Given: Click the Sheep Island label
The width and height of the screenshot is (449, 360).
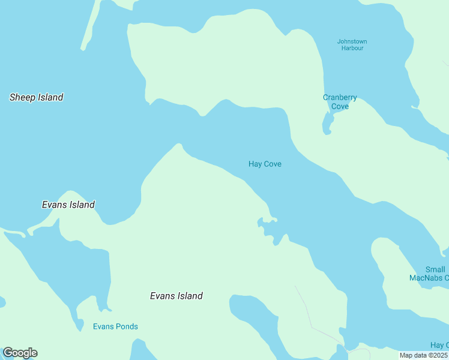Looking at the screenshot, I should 37,97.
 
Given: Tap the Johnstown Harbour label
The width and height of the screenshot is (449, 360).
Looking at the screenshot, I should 352,45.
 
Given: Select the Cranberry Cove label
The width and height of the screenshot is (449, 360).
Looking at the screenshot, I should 340,102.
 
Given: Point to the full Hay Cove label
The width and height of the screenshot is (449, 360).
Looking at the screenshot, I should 265,164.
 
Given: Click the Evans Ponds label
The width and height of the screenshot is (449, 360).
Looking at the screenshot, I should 115,327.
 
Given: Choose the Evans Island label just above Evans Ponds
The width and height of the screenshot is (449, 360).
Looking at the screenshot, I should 176,296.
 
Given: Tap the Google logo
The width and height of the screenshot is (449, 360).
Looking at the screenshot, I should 20,353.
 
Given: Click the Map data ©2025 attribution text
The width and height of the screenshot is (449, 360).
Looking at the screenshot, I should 423,355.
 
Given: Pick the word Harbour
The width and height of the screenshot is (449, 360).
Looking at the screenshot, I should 352,49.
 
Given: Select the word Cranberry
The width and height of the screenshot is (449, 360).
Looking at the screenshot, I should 340,98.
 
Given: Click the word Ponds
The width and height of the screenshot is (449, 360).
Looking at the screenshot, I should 127,327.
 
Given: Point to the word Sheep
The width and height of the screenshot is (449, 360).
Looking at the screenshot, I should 22,97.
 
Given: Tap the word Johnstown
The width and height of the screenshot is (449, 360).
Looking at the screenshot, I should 352,41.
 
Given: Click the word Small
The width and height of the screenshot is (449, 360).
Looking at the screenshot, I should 435,270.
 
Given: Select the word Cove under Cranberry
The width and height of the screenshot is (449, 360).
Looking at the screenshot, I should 340,107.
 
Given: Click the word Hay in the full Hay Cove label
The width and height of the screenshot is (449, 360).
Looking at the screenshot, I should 255,164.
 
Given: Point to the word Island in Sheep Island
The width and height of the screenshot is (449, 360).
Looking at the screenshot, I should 50,97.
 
